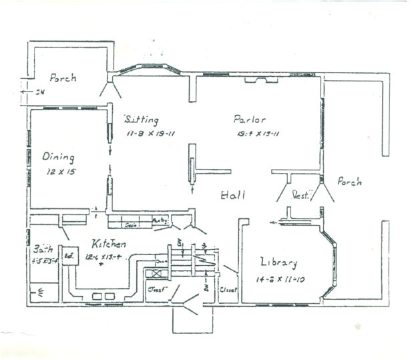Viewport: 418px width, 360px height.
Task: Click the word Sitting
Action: pos(142,120)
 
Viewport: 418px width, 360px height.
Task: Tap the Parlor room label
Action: pos(249,120)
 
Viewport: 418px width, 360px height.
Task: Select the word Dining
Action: pos(58,157)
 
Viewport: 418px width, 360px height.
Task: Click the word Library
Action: pos(279,262)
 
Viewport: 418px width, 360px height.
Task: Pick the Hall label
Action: pos(233,196)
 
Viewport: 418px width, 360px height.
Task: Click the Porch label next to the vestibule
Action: pos(349,182)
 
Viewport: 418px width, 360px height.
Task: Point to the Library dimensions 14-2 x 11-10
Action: pos(280,278)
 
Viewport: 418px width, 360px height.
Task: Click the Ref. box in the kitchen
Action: pos(68,256)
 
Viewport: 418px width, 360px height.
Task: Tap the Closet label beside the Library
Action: pos(228,291)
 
